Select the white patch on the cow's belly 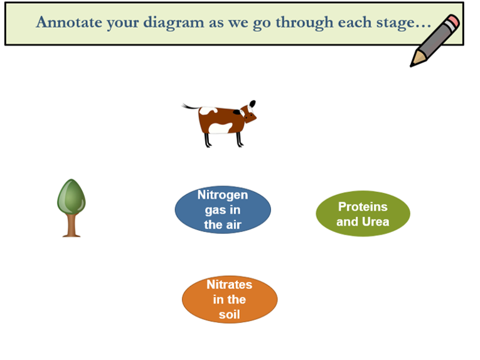220,128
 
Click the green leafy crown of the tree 72,197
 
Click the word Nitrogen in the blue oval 223,195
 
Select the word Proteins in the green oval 363,206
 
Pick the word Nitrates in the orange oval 230,285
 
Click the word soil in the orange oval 230,314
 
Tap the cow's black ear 252,103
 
